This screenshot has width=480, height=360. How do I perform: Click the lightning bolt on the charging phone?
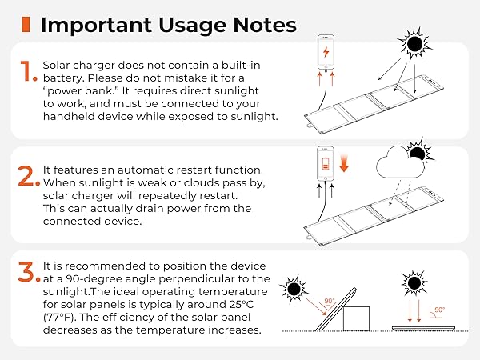point(325,53)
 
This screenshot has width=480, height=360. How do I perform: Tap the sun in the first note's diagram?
point(416,45)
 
